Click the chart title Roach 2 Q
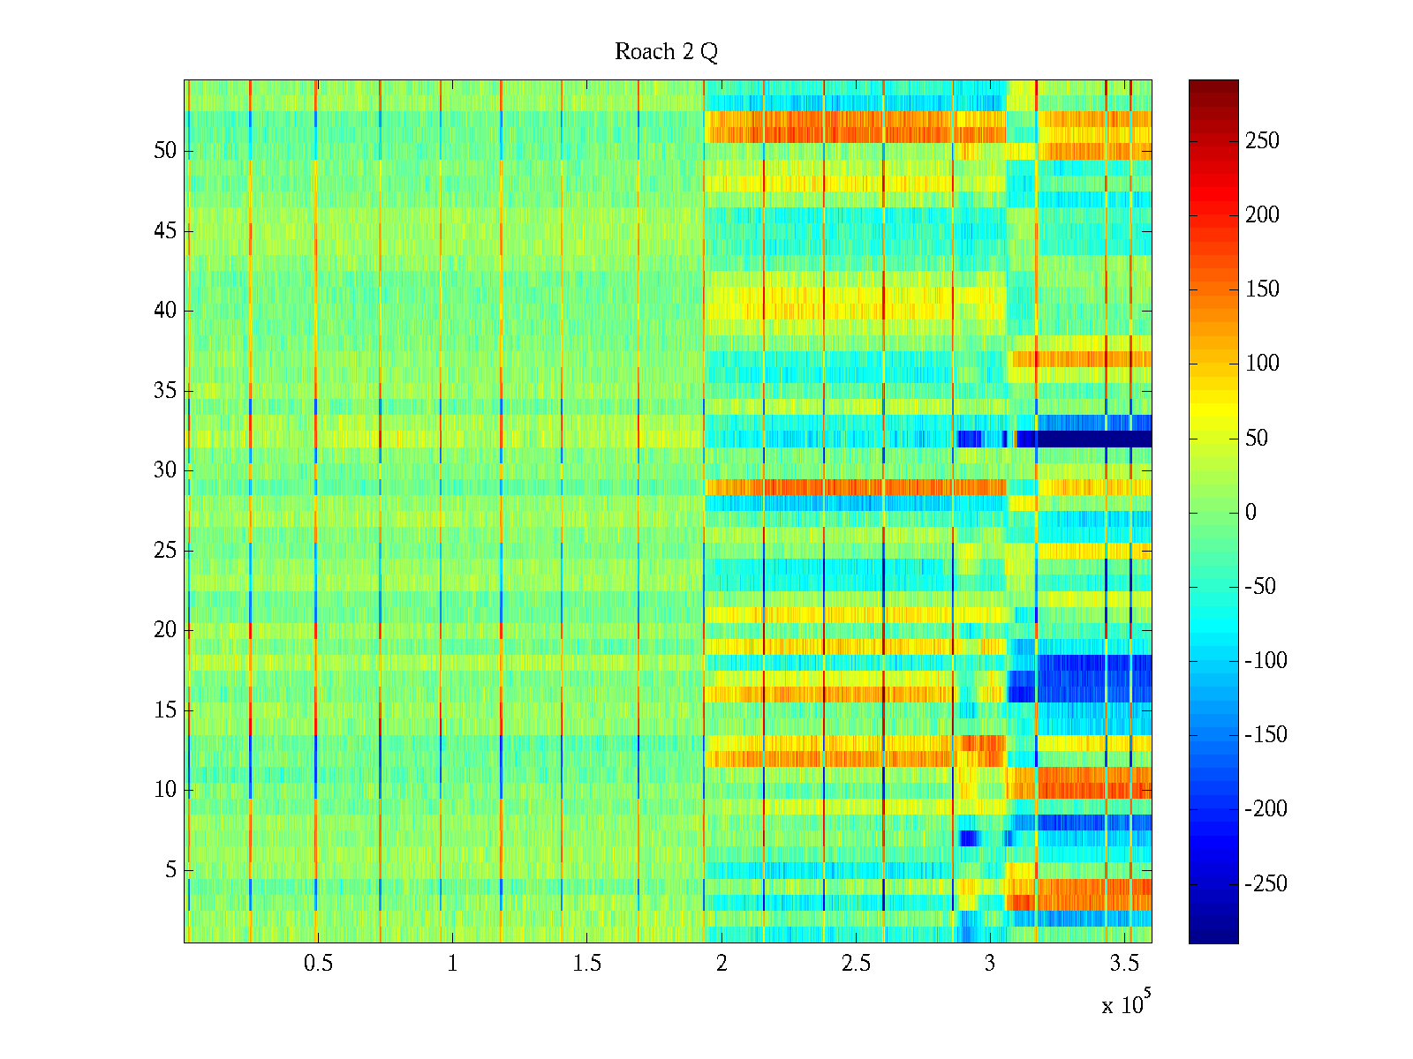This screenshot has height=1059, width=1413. pos(666,52)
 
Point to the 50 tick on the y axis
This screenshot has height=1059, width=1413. pos(165,151)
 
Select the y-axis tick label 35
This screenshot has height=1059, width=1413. pos(165,391)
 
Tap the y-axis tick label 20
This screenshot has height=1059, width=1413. pos(165,630)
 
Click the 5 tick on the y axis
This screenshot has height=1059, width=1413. pos(170,870)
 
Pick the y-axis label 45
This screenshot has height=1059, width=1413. pos(165,231)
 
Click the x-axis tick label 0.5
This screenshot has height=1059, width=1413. pos(318,964)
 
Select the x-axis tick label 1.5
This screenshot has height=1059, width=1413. pos(587,964)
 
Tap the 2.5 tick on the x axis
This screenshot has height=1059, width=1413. pos(856,964)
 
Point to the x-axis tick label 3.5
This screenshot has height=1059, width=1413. pos(1124,964)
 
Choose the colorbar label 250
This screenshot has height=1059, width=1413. pos(1262,141)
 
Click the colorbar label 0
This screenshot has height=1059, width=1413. pos(1251,513)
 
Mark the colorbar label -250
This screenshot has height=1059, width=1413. pos(1266,884)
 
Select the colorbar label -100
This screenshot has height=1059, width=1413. pos(1266,661)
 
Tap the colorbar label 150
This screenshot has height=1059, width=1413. pos(1262,289)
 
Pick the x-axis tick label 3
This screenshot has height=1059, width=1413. pos(990,964)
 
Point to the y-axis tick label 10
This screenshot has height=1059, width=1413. pos(165,790)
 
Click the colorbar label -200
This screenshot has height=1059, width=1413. pos(1266,809)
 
